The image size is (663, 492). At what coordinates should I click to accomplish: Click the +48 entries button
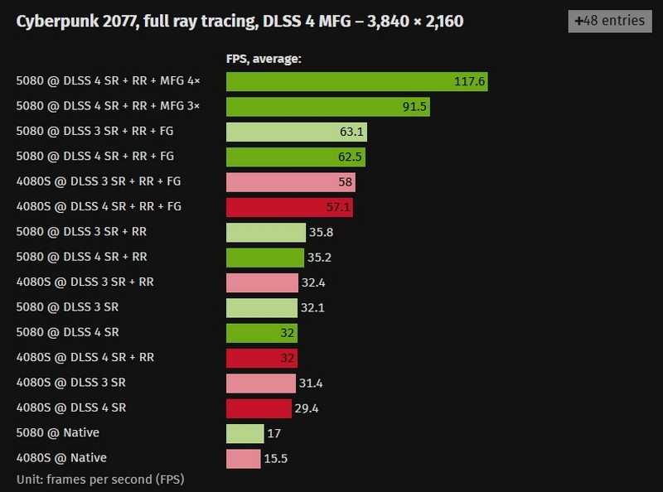point(610,20)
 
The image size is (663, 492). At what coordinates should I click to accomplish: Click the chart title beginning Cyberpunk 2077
point(240,21)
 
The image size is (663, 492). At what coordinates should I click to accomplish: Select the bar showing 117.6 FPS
point(356,81)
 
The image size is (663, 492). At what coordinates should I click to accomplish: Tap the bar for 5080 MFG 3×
point(327,107)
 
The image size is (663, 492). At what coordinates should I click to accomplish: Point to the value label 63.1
point(351,132)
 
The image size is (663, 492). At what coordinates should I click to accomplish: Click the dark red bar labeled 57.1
point(288,207)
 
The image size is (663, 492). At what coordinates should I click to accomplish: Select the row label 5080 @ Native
point(61,432)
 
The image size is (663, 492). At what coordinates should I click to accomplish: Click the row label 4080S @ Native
point(61,458)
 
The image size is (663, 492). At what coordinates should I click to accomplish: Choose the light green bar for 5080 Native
point(244,433)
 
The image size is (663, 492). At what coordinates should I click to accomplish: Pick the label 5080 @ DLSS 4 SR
point(67,332)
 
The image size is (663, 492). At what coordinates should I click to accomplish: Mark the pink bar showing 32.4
point(261,282)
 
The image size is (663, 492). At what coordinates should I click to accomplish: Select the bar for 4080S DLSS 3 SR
point(260,383)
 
